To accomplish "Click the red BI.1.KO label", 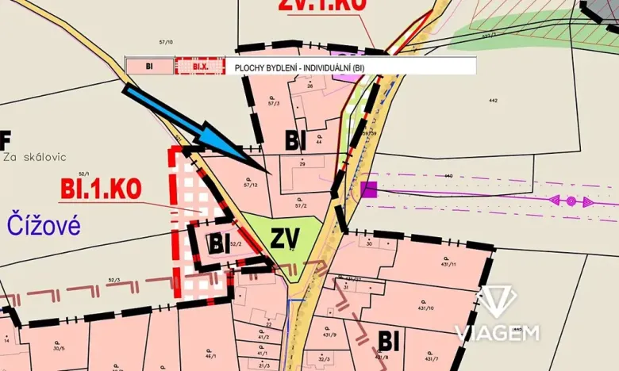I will click(x=101, y=189).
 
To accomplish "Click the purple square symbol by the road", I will click(x=368, y=189).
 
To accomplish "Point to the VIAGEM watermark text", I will click(x=497, y=332).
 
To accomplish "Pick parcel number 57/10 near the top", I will click(x=166, y=42).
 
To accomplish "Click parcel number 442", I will click(x=492, y=101).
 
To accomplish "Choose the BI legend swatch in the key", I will click(x=149, y=67).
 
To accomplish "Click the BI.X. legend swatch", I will click(x=199, y=67).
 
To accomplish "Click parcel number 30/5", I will click(x=58, y=347).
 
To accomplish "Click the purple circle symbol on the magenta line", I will click(x=571, y=201).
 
